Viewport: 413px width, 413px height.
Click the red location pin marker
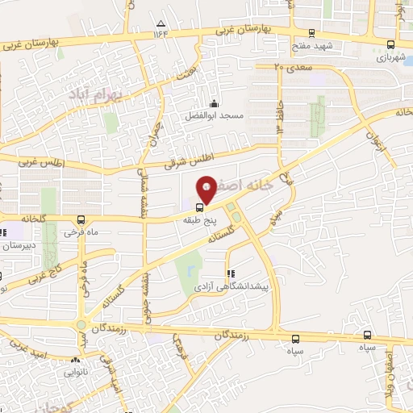(207, 188)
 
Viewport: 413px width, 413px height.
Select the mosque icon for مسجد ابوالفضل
(213, 103)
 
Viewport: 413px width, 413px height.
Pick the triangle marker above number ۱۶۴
(161, 23)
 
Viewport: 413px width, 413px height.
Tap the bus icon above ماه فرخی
(80, 219)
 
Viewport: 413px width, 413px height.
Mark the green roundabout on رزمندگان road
(81, 326)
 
